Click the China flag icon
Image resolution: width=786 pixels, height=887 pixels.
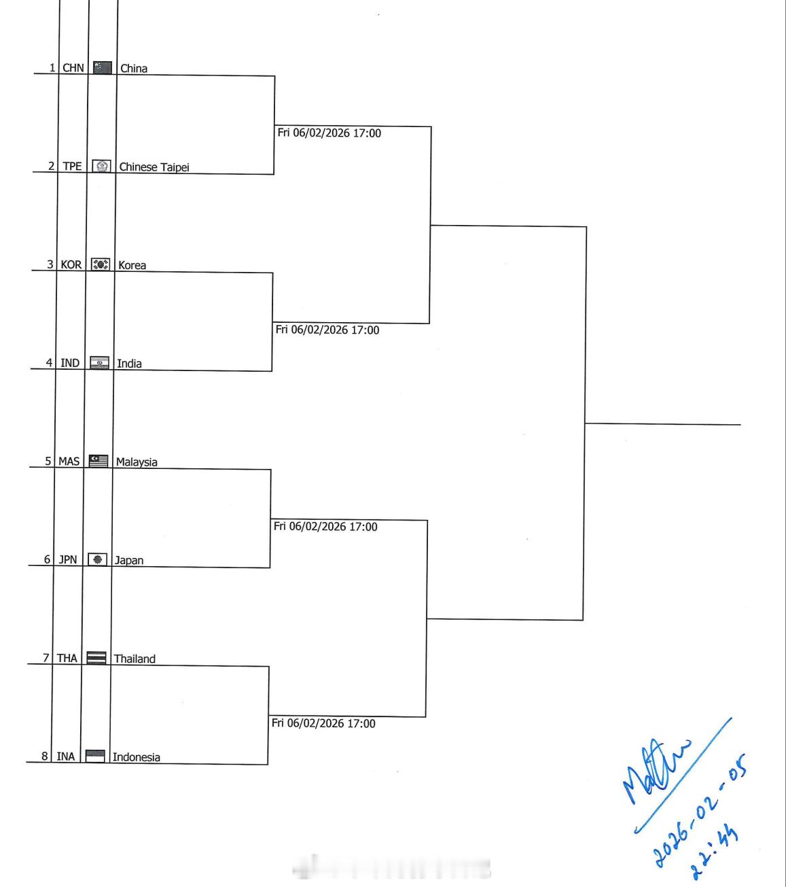(102, 67)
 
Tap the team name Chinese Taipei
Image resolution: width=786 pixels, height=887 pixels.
(154, 167)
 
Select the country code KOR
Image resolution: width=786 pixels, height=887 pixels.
(71, 264)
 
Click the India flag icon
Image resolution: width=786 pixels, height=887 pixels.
(100, 363)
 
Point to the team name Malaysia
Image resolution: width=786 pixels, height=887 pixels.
(137, 462)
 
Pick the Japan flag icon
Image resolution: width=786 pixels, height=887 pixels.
(98, 559)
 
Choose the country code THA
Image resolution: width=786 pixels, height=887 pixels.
(67, 658)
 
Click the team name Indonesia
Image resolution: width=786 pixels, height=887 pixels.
(137, 756)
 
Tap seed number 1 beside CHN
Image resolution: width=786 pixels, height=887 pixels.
(52, 67)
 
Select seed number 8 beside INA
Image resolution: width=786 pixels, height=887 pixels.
(45, 756)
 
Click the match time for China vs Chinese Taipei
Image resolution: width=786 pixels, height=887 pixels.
(329, 133)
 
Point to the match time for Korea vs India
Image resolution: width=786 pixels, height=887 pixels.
(327, 330)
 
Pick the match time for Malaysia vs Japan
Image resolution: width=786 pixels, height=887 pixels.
(325, 527)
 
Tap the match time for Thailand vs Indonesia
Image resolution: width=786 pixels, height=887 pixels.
(323, 723)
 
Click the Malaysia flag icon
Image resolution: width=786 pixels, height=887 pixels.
(99, 461)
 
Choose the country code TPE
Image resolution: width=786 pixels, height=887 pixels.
(72, 166)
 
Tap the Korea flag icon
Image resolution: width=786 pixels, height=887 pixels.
(101, 264)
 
